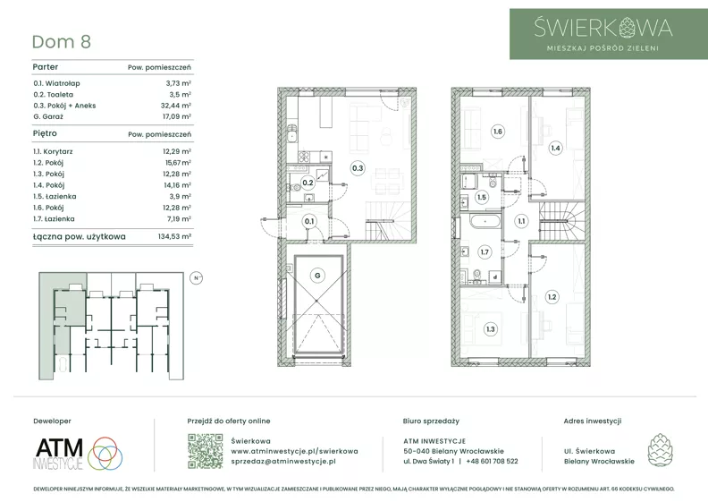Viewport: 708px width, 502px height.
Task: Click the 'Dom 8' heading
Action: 62,41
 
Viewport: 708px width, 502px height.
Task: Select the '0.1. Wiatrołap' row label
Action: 56,83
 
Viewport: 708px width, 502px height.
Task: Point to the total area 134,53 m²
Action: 174,236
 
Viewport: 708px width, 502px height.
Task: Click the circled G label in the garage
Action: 318,276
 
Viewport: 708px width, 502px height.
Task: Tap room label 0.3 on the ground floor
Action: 358,168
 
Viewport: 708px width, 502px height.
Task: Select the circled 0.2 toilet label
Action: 308,183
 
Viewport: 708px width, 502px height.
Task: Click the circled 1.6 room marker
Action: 498,132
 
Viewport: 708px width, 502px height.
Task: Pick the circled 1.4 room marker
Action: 555,148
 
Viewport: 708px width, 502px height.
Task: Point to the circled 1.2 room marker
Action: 552,297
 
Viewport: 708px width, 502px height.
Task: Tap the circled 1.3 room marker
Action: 491,329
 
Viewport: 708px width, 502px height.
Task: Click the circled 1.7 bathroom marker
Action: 485,252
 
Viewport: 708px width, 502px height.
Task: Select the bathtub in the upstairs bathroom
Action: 485,222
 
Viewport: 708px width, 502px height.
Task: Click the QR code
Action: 205,451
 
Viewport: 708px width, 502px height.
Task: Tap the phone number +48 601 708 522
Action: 493,462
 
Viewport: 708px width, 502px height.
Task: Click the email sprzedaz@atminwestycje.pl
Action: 283,462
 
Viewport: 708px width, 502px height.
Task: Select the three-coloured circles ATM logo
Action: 105,453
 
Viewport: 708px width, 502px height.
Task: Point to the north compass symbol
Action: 197,278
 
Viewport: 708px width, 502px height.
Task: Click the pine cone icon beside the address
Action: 660,450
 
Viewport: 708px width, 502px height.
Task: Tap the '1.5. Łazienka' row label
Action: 55,197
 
